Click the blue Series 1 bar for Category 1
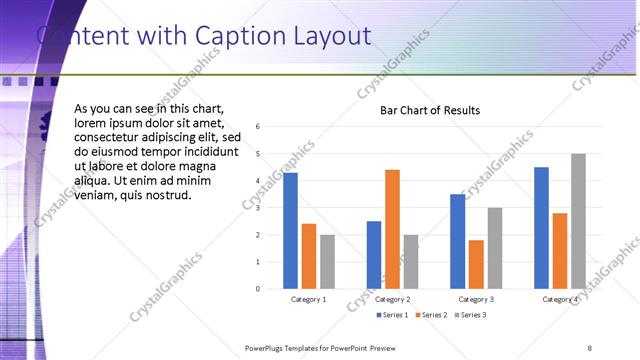[x=290, y=230]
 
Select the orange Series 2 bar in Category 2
[x=392, y=229]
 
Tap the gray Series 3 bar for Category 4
[x=578, y=221]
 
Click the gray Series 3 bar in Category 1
[x=327, y=261]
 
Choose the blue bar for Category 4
[x=541, y=227]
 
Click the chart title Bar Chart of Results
[x=430, y=111]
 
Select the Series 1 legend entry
[x=393, y=315]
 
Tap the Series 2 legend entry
[x=431, y=315]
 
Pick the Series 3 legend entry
[x=470, y=315]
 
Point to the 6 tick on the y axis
[x=258, y=127]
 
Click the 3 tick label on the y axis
[x=258, y=208]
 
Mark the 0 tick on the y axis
[x=258, y=289]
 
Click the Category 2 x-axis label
[x=392, y=300]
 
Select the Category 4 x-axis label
[x=559, y=300]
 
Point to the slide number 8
[x=589, y=347]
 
